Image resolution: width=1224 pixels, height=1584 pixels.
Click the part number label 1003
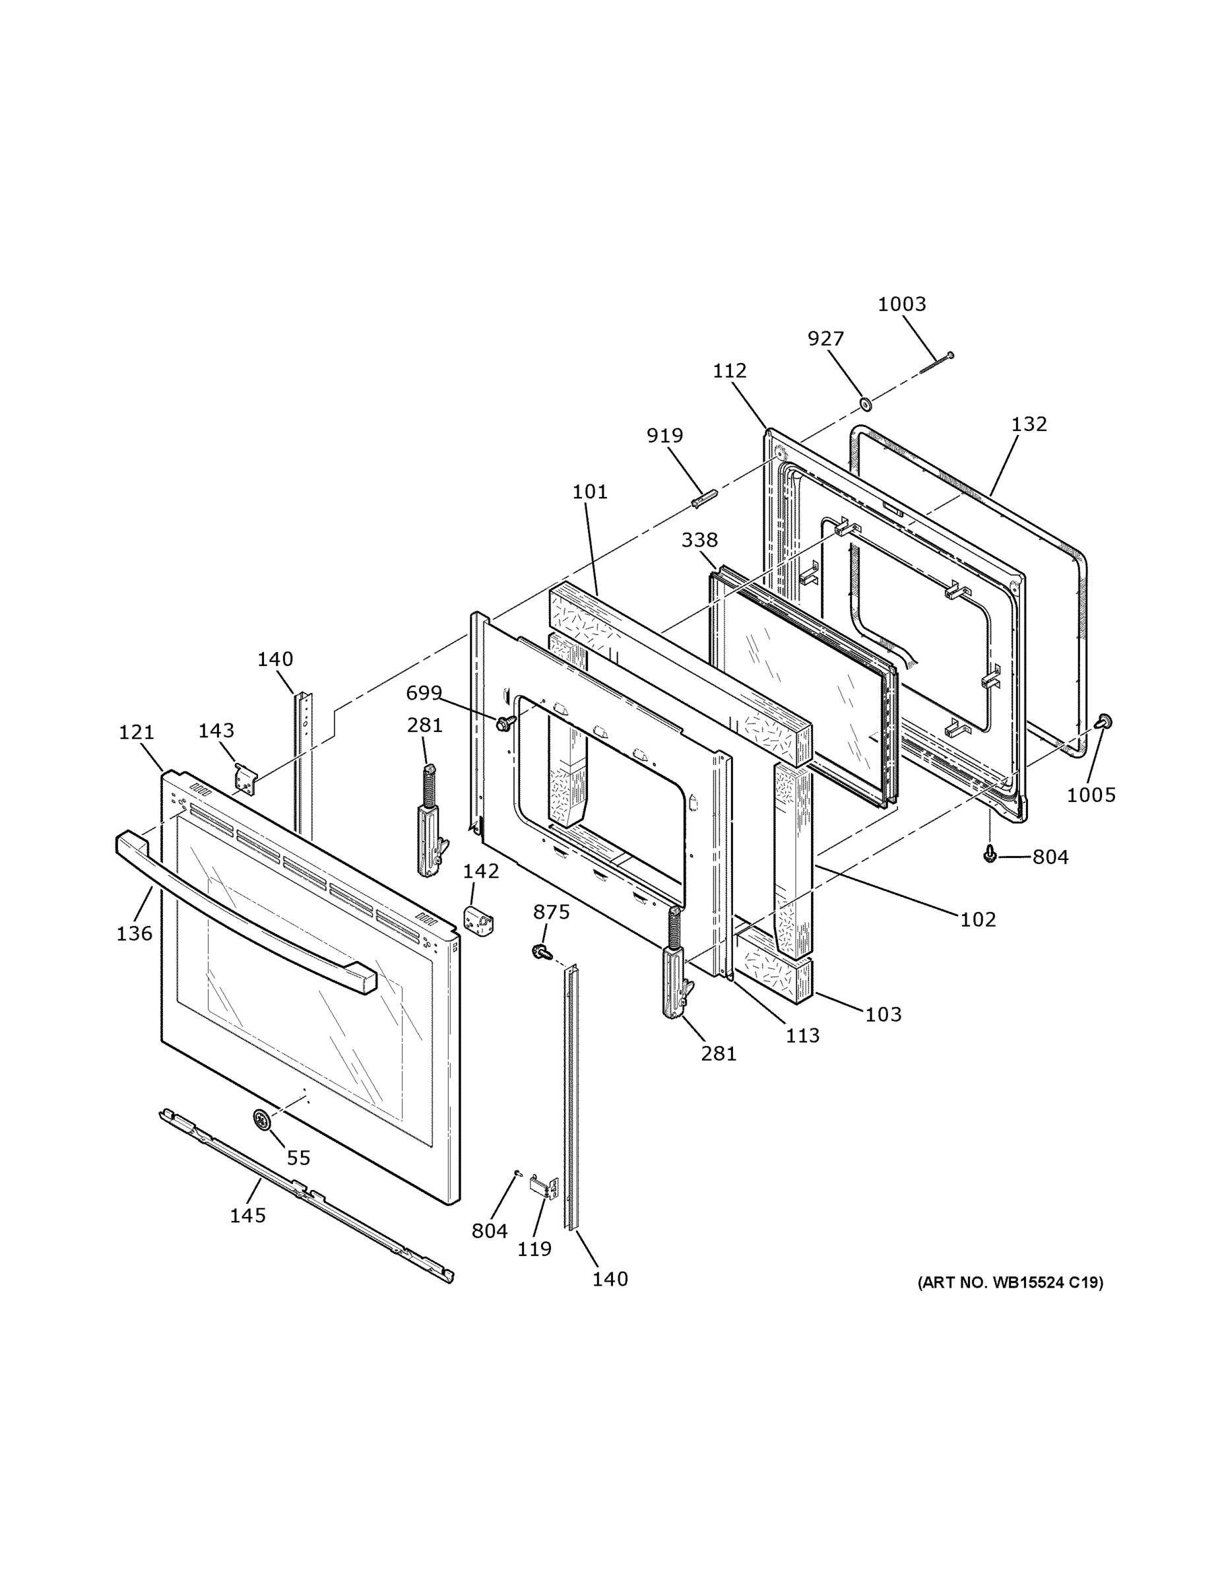click(901, 304)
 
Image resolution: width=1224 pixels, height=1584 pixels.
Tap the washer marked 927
click(864, 403)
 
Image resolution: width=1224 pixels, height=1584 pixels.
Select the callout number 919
click(664, 436)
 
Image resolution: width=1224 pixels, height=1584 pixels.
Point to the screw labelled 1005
click(1105, 721)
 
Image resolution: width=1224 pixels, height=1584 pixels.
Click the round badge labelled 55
click(261, 1119)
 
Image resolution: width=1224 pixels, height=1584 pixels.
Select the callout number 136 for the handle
click(134, 933)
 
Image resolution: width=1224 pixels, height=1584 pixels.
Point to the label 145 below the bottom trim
click(248, 1215)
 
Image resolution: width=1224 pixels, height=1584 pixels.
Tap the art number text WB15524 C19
click(1010, 1282)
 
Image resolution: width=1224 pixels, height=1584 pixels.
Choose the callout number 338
click(699, 540)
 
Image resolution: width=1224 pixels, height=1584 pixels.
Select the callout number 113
click(803, 1036)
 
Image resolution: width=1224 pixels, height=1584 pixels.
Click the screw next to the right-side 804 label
click(989, 855)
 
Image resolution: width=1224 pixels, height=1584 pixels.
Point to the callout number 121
click(137, 733)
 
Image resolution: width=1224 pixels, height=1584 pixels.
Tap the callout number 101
click(589, 492)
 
